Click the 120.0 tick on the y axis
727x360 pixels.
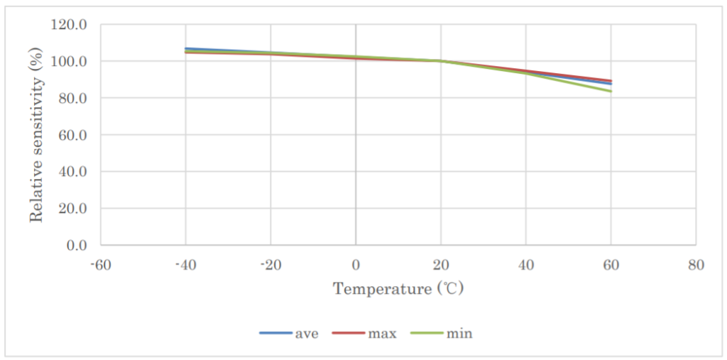[70, 25]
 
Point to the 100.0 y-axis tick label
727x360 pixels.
[70, 62]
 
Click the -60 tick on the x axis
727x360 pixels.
[100, 265]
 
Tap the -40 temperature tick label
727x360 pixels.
[185, 265]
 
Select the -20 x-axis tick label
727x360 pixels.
[270, 265]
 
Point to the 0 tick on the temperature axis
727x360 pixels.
[356, 265]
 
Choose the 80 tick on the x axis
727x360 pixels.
[696, 265]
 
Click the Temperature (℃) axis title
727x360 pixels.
[398, 289]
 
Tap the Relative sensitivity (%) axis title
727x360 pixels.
[36, 135]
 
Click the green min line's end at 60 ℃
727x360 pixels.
[611, 91]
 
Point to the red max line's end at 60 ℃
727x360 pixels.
[611, 80]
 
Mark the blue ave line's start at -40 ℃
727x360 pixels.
[185, 48]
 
